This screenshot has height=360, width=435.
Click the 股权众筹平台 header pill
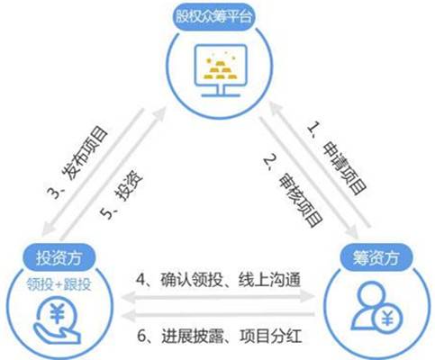(213, 17)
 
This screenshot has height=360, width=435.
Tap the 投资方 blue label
(59, 257)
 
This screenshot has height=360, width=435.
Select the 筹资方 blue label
(376, 257)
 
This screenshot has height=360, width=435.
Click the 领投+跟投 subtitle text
(59, 283)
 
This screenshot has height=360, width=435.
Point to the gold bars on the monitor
(221, 68)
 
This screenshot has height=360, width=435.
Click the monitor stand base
(221, 95)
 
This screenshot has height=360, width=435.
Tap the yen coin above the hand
(58, 313)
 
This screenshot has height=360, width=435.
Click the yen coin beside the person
(387, 319)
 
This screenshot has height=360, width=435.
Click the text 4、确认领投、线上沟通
(218, 280)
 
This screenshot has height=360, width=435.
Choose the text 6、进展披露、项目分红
(220, 336)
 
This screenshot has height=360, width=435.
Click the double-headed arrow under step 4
(218, 297)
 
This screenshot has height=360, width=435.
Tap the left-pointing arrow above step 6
(218, 316)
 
